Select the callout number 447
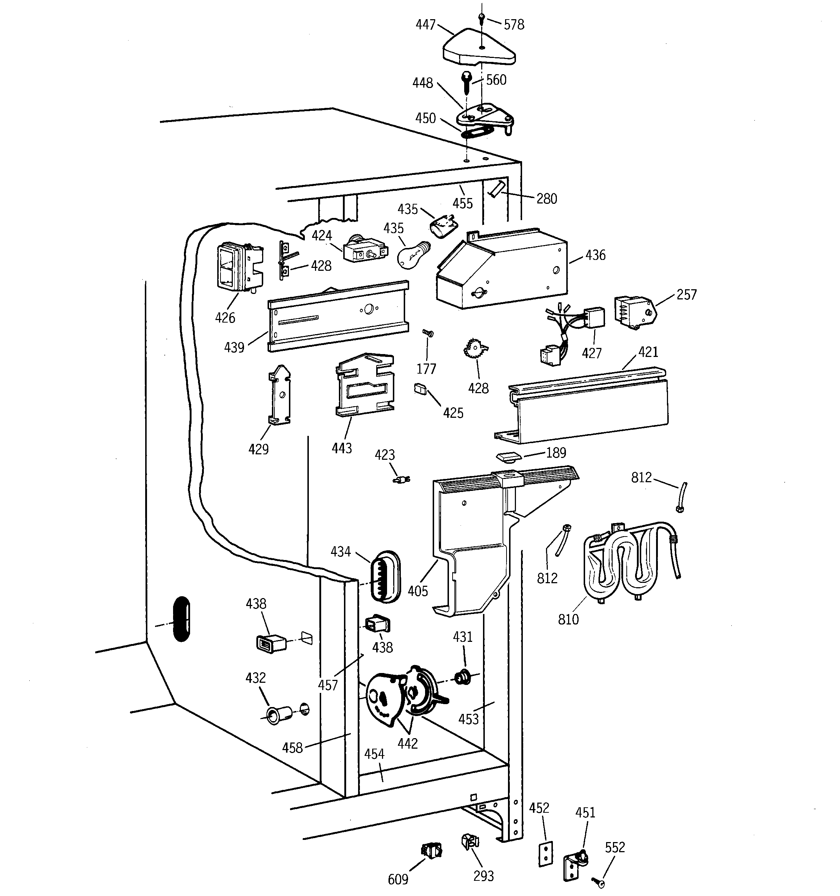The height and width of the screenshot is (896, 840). click(425, 24)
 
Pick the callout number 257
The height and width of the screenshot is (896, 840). click(686, 295)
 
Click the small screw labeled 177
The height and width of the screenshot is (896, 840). click(428, 333)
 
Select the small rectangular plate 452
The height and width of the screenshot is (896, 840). click(546, 854)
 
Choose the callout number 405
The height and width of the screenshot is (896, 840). click(417, 591)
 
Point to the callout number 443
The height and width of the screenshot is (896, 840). click(341, 448)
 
